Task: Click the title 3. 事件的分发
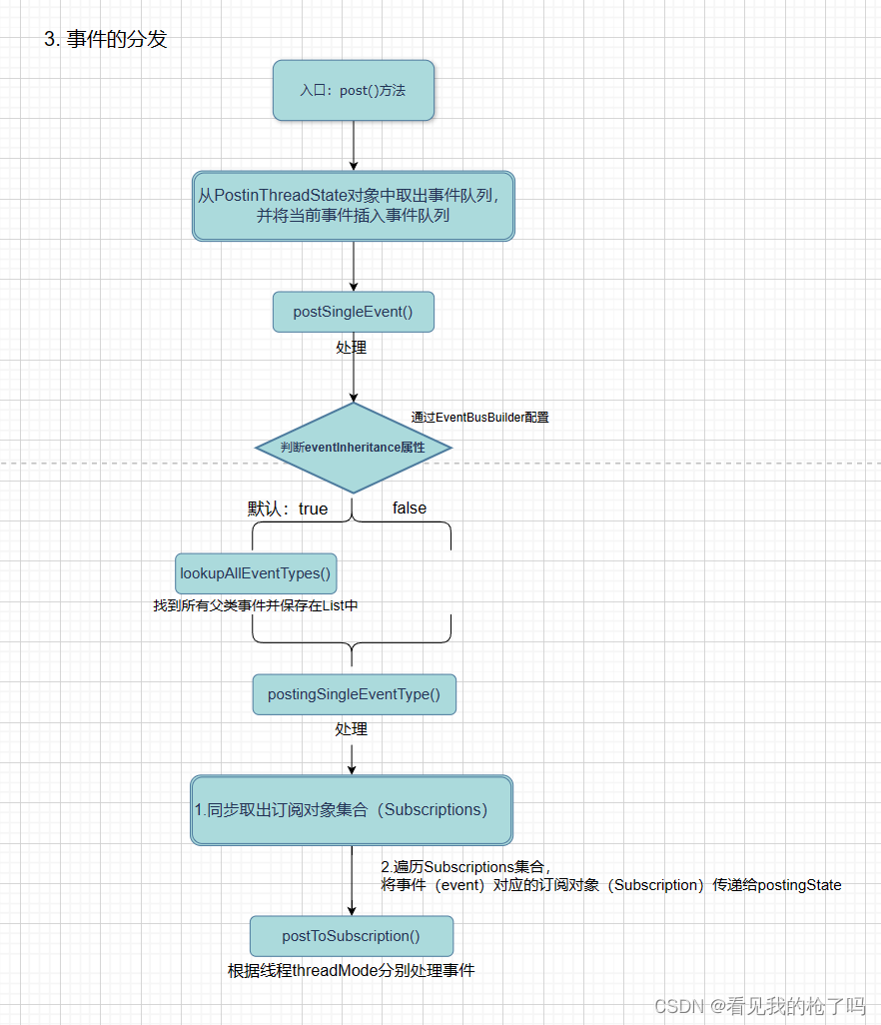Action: click(x=105, y=39)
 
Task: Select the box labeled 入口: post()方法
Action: click(x=354, y=90)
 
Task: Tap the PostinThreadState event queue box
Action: click(x=354, y=205)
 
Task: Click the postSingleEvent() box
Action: click(x=354, y=312)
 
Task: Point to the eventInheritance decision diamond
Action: click(x=354, y=448)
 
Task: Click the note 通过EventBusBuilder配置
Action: click(x=479, y=417)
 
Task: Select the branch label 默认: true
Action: click(x=288, y=509)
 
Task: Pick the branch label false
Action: click(x=410, y=508)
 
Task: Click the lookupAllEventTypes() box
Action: click(x=256, y=573)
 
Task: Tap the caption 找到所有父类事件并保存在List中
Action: click(x=256, y=605)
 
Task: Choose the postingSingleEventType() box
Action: click(x=354, y=693)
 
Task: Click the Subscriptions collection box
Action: click(x=352, y=810)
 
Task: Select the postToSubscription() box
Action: click(x=352, y=936)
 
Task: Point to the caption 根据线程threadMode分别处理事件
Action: click(x=352, y=970)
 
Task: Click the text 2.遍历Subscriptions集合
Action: click(x=465, y=866)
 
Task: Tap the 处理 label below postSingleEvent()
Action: click(x=352, y=348)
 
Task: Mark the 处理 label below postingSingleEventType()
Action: click(x=352, y=729)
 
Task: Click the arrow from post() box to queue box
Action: click(x=354, y=145)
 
